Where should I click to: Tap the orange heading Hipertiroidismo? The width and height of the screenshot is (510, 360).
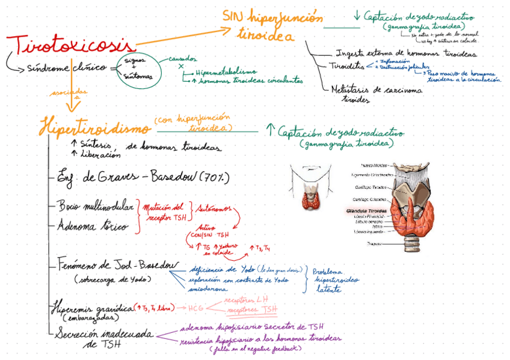click(x=94, y=127)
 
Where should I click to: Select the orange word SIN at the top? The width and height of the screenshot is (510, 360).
click(x=232, y=16)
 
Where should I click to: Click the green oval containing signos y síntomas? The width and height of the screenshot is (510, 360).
click(x=138, y=69)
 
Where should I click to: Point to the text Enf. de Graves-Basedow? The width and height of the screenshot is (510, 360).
click(x=112, y=177)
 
